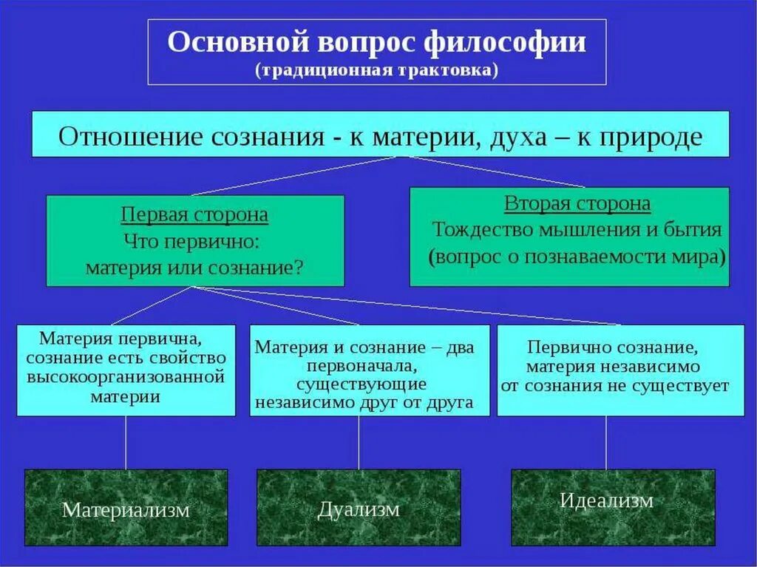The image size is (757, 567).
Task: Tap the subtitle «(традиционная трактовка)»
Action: pyautogui.click(x=377, y=70)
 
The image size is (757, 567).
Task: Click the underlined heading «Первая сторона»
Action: pyautogui.click(x=194, y=216)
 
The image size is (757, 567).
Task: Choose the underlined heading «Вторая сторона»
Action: pyautogui.click(x=577, y=204)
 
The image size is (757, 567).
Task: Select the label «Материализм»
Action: pyautogui.click(x=126, y=510)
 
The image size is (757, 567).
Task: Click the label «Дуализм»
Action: pyautogui.click(x=359, y=509)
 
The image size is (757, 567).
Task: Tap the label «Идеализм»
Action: pyautogui.click(x=606, y=500)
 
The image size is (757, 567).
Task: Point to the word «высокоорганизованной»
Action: pyautogui.click(x=126, y=377)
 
